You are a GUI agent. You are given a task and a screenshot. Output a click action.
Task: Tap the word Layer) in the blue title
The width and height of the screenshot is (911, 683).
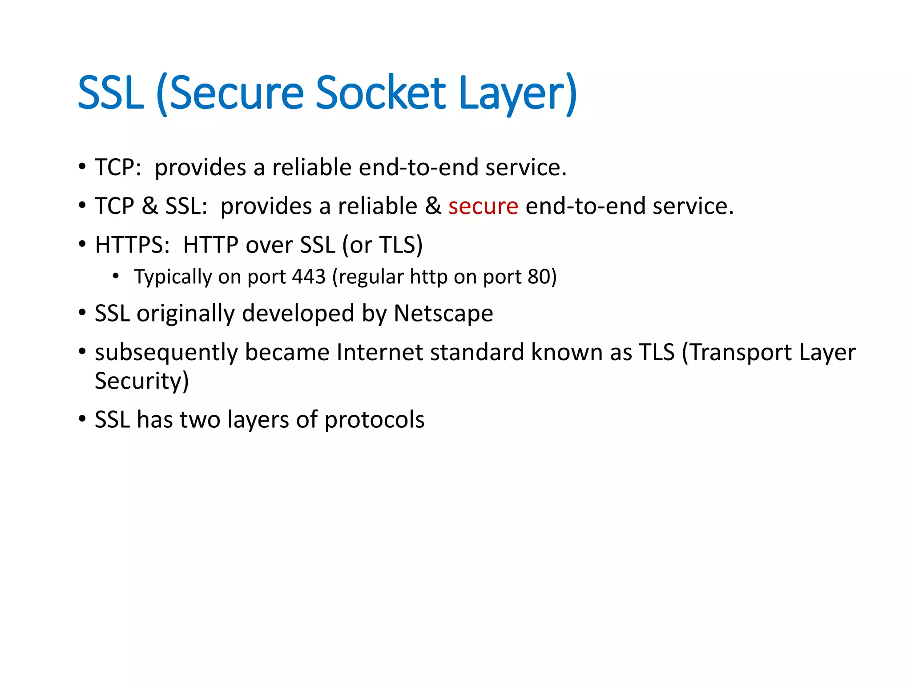pos(518,94)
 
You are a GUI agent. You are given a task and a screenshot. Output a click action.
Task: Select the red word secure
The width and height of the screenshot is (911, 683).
pos(483,206)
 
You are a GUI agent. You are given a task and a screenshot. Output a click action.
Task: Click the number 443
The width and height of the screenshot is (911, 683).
pos(309,277)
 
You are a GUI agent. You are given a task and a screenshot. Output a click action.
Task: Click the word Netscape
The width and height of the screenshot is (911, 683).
pos(443,313)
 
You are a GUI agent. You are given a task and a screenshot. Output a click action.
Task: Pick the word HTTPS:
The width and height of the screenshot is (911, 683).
pos(133,245)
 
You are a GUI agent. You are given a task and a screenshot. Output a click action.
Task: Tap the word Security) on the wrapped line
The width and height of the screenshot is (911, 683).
pos(142,381)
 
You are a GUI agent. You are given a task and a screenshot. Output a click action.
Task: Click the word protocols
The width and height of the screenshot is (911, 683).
pos(374,420)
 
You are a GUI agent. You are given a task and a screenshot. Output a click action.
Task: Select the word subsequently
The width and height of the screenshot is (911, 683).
pos(166,353)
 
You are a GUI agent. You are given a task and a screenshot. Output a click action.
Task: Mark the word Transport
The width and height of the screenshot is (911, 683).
pos(737,353)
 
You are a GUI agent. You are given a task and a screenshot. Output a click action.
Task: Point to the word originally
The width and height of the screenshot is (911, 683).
pos(185,314)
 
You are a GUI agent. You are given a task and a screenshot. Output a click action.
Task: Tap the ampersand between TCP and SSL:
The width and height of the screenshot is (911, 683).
pos(150,206)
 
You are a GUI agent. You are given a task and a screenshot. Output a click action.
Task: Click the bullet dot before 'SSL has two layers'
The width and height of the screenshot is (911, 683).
pos(82,419)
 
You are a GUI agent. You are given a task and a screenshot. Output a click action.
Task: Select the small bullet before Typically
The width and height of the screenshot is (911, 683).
pos(116,276)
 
